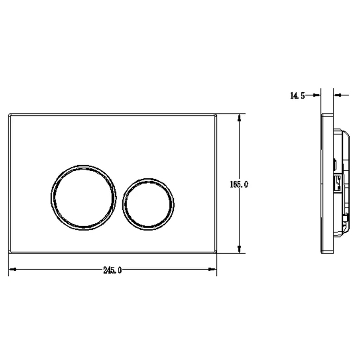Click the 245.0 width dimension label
[112, 270]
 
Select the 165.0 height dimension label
[239, 184]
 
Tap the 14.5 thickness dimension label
[297, 96]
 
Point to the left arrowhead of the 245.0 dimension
[12, 269]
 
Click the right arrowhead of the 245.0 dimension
[212, 269]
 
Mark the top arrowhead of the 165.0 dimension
[240, 118]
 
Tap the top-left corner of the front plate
[9, 114]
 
